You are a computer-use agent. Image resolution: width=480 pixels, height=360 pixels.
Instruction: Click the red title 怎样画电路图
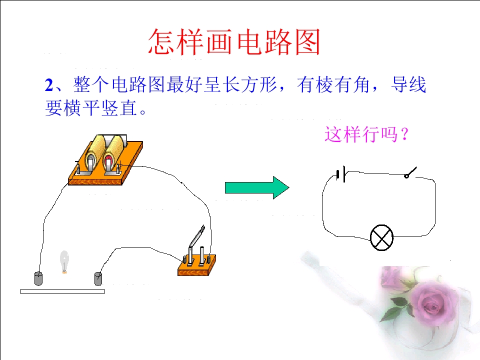coord(234,42)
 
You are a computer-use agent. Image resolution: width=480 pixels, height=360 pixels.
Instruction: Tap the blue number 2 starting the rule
coord(49,85)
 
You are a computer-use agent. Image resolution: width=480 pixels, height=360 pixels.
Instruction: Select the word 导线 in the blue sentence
coord(408,85)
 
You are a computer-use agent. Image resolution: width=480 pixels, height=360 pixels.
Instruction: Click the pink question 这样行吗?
coord(366,134)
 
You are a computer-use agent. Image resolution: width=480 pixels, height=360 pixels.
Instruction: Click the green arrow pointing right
coord(257,187)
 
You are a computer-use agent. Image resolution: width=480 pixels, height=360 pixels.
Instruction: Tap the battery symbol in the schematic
coord(341,174)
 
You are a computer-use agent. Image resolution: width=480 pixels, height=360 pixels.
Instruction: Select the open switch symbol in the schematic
coord(410,172)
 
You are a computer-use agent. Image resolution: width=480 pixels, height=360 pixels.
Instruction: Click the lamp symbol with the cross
coord(381,238)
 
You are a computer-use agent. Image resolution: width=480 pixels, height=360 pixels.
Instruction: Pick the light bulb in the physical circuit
coord(64,261)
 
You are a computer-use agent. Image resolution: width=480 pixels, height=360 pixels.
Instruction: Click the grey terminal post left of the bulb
coord(38,278)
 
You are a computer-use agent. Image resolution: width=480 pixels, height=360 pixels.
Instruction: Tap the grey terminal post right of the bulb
coord(98,278)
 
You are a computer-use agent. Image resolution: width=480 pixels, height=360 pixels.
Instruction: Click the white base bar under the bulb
coord(62,291)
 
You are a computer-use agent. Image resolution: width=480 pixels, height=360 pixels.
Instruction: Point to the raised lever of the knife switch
coord(196,235)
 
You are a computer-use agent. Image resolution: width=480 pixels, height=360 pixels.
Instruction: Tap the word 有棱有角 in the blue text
coord(333,85)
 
